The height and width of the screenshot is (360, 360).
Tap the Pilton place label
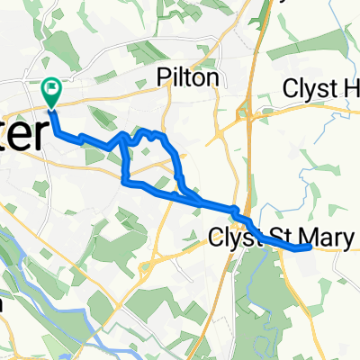tap(187, 78)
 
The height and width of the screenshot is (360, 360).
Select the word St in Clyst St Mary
tap(281, 238)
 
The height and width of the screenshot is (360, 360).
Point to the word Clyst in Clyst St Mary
tap(236, 238)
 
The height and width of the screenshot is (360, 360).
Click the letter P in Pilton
tap(162, 78)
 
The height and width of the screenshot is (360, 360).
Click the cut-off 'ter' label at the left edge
tap(20, 135)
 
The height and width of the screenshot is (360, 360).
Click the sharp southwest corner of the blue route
tap(123, 183)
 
